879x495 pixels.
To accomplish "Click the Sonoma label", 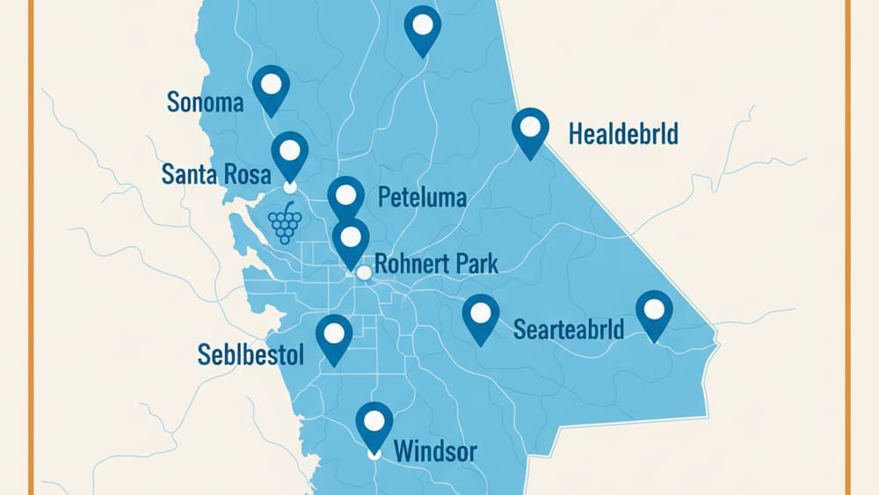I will (205, 103).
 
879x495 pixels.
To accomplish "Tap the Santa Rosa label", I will (216, 174).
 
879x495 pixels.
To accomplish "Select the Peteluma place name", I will (422, 197).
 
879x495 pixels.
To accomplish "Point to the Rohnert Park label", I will (436, 263).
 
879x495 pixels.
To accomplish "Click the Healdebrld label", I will (623, 135).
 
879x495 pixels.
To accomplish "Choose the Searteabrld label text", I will (568, 330).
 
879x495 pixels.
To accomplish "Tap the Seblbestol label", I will (251, 355).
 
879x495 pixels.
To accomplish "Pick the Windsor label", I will (435, 453).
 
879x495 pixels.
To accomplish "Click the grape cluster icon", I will (285, 222).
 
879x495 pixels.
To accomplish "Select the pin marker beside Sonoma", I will (272, 87).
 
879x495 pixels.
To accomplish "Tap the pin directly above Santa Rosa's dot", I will (289, 153).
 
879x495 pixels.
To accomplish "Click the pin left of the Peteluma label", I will (346, 197).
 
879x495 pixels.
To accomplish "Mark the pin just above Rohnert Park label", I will (351, 239).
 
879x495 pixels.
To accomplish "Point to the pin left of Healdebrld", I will (529, 130).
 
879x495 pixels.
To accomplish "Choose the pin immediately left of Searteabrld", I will (480, 315).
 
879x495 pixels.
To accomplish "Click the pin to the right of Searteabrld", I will (653, 312).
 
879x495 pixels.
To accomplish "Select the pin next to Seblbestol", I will (334, 336).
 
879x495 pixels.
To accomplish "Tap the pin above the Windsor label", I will (374, 424).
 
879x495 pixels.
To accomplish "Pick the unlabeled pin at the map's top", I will (422, 27).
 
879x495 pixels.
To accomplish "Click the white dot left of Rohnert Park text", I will (364, 273).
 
